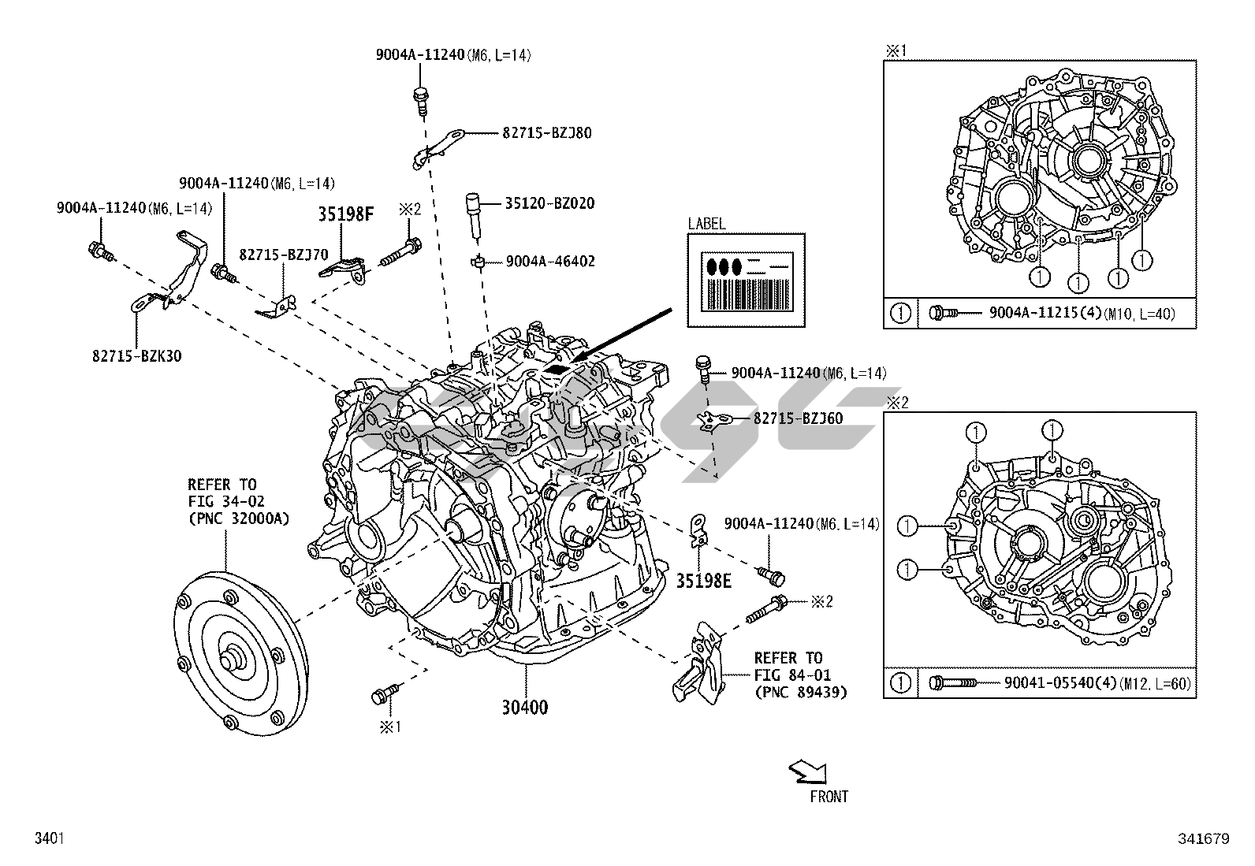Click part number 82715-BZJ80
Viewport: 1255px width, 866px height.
tap(546, 133)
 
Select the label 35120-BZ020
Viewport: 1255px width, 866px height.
tap(549, 203)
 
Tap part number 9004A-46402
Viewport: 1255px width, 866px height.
tap(550, 262)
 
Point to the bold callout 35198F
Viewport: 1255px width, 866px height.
tap(346, 214)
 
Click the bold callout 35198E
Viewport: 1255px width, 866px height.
tap(703, 581)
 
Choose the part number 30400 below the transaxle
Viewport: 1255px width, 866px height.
tap(524, 708)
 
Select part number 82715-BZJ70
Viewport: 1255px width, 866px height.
tap(284, 255)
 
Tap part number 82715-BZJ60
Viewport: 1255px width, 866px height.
tap(798, 418)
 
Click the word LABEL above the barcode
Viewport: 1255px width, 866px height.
tap(706, 224)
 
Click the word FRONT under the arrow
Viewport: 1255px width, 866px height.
tap(829, 797)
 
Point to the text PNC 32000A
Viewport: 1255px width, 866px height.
tap(238, 518)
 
